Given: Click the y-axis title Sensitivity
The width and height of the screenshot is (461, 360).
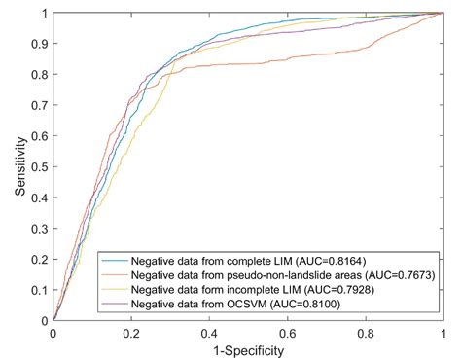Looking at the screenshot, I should (x=20, y=166).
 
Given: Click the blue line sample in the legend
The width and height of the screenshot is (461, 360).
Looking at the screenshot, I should (x=111, y=263).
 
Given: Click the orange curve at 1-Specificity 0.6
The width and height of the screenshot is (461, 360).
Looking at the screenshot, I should (x=287, y=62).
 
